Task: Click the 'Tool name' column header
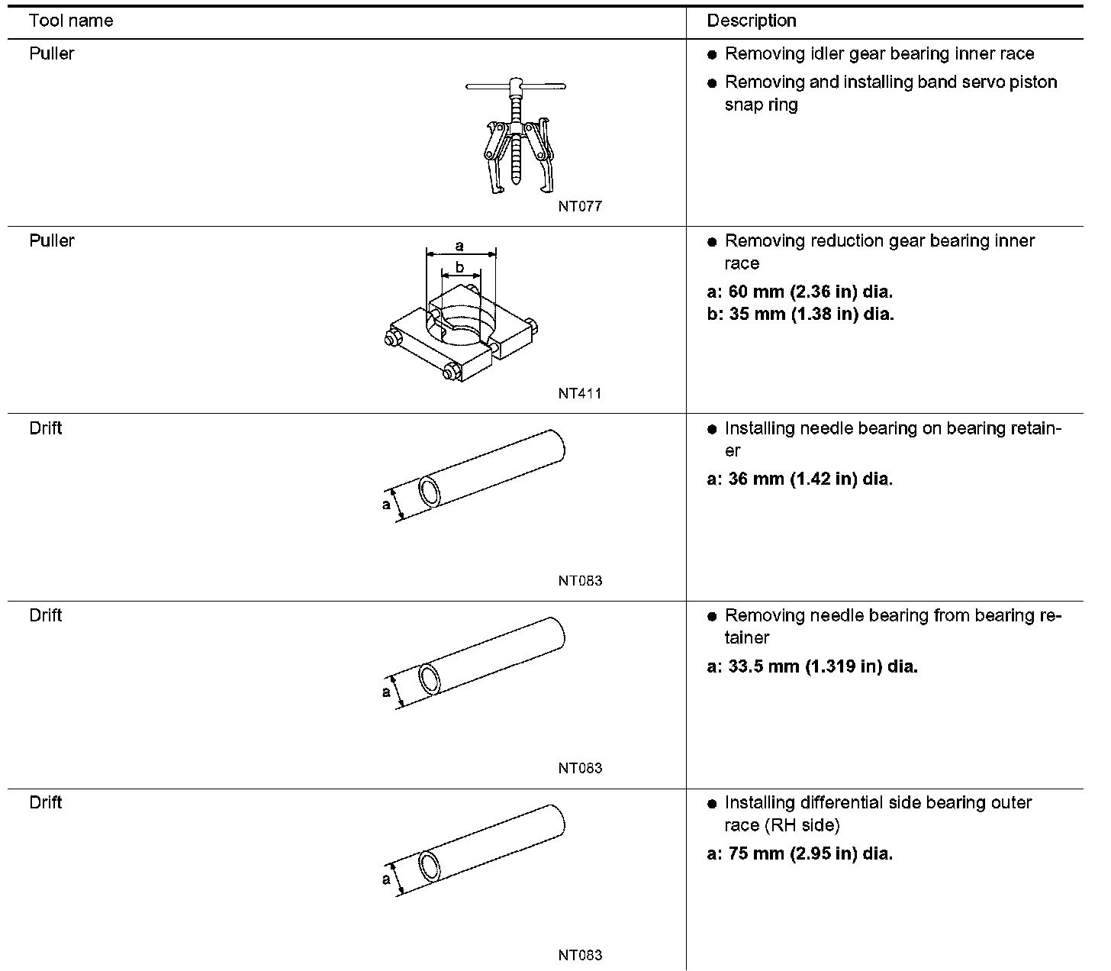pyautogui.click(x=70, y=21)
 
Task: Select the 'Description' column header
pyautogui.click(x=751, y=21)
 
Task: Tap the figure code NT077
pyautogui.click(x=579, y=206)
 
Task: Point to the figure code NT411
pyautogui.click(x=579, y=394)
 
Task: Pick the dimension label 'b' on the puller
pyautogui.click(x=459, y=266)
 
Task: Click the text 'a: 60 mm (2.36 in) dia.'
pyautogui.click(x=800, y=292)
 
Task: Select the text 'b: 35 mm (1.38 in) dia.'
pyautogui.click(x=800, y=314)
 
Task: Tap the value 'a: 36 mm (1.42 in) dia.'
pyautogui.click(x=800, y=479)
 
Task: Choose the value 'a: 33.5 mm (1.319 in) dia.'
pyautogui.click(x=812, y=666)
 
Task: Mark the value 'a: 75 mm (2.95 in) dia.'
pyautogui.click(x=800, y=853)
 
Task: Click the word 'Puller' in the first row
pyautogui.click(x=52, y=53)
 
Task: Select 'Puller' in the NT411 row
pyautogui.click(x=52, y=240)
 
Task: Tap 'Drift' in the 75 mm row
pyautogui.click(x=46, y=802)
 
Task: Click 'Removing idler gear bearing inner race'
pyautogui.click(x=879, y=54)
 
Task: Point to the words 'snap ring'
pyautogui.click(x=761, y=105)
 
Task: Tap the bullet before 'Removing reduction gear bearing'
pyautogui.click(x=712, y=242)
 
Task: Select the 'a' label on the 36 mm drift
pyautogui.click(x=386, y=504)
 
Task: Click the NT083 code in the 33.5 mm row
pyautogui.click(x=579, y=768)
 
